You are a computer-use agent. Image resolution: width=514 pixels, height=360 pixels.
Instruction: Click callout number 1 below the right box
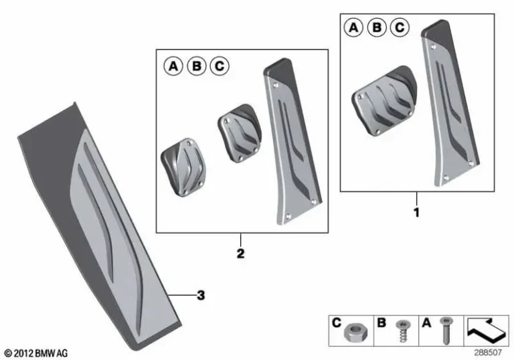click(x=416, y=213)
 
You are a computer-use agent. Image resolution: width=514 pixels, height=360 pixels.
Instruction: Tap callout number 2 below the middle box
click(x=240, y=254)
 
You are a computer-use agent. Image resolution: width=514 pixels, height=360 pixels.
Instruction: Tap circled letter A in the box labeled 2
click(x=173, y=66)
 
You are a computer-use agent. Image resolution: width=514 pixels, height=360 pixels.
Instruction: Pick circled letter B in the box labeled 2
click(x=196, y=66)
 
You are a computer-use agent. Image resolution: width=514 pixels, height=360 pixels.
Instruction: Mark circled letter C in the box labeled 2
click(x=219, y=66)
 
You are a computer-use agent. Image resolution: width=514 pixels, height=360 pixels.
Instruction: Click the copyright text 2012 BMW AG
click(x=36, y=353)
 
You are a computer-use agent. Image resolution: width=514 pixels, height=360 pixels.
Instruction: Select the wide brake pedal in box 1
click(x=383, y=100)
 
